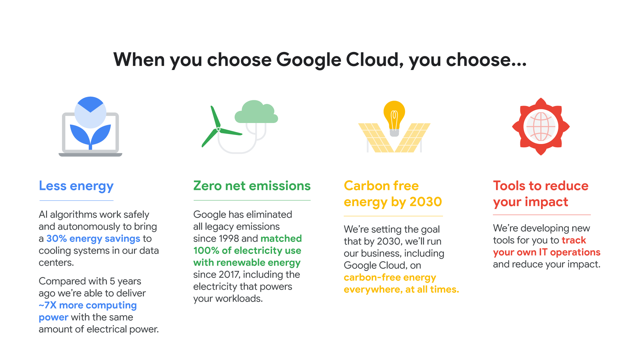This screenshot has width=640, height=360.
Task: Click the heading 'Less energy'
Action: (76, 186)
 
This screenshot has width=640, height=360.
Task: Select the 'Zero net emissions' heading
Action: (252, 186)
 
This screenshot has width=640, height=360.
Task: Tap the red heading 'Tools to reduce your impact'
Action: (540, 194)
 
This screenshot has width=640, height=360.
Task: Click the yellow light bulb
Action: (394, 115)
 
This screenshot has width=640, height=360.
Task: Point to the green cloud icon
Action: (256, 112)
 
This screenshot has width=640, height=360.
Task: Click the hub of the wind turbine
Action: (218, 129)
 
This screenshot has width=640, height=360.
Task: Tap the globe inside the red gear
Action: (541, 127)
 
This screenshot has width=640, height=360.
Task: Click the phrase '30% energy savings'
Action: (93, 239)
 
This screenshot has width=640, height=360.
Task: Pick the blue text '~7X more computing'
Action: (88, 305)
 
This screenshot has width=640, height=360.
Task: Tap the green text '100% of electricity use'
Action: (247, 251)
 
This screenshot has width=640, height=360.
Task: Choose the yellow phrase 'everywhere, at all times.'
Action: (401, 289)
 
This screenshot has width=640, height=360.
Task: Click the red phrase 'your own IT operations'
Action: (546, 252)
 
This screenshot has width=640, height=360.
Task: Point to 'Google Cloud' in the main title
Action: (337, 60)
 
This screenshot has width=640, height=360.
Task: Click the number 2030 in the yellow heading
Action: (425, 202)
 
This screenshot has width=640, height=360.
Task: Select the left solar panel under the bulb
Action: (375, 137)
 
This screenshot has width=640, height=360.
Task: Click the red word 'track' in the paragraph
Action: (574, 240)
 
